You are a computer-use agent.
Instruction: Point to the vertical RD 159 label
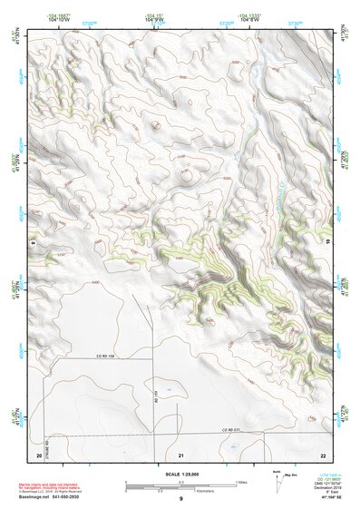pos(156,396)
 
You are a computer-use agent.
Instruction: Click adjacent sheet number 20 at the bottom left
pos(38,453)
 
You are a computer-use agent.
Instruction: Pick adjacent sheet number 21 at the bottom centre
pos(181,453)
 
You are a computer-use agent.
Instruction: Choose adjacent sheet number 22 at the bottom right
pos(324,453)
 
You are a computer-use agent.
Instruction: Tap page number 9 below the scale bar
pos(181,499)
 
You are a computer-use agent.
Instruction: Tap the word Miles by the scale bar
pos(239,482)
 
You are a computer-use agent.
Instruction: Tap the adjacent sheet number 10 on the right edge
pos(326,241)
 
